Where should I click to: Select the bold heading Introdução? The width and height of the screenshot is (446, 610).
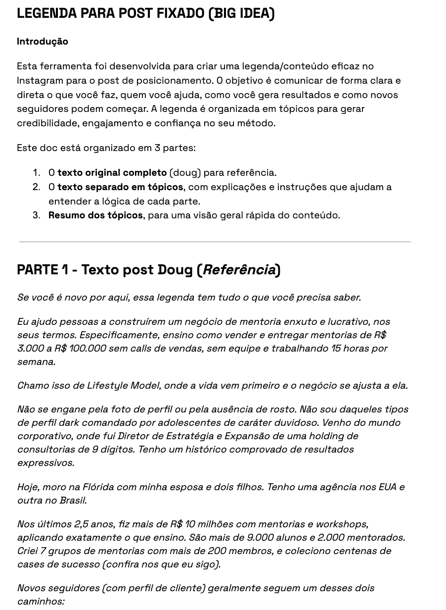pyautogui.click(x=43, y=42)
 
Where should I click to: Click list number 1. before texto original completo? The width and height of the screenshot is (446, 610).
pyautogui.click(x=37, y=173)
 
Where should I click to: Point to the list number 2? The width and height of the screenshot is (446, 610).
pyautogui.click(x=37, y=187)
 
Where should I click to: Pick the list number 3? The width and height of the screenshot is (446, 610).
pyautogui.click(x=37, y=215)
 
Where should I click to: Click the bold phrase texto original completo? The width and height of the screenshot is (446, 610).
pyautogui.click(x=112, y=173)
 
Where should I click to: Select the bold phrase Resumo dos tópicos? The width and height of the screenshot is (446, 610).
pyautogui.click(x=95, y=215)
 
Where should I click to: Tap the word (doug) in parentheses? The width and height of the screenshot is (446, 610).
pyautogui.click(x=185, y=173)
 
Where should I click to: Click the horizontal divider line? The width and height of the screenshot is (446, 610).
pyautogui.click(x=215, y=242)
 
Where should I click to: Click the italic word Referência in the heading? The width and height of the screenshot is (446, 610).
pyautogui.click(x=239, y=270)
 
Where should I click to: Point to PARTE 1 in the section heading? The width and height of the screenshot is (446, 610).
pyautogui.click(x=43, y=270)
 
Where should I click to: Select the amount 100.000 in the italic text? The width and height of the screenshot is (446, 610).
pyautogui.click(x=88, y=349)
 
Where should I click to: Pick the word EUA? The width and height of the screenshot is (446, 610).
pyautogui.click(x=387, y=487)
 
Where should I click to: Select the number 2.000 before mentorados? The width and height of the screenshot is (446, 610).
pyautogui.click(x=334, y=538)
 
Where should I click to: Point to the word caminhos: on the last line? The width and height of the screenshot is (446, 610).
pyautogui.click(x=41, y=602)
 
